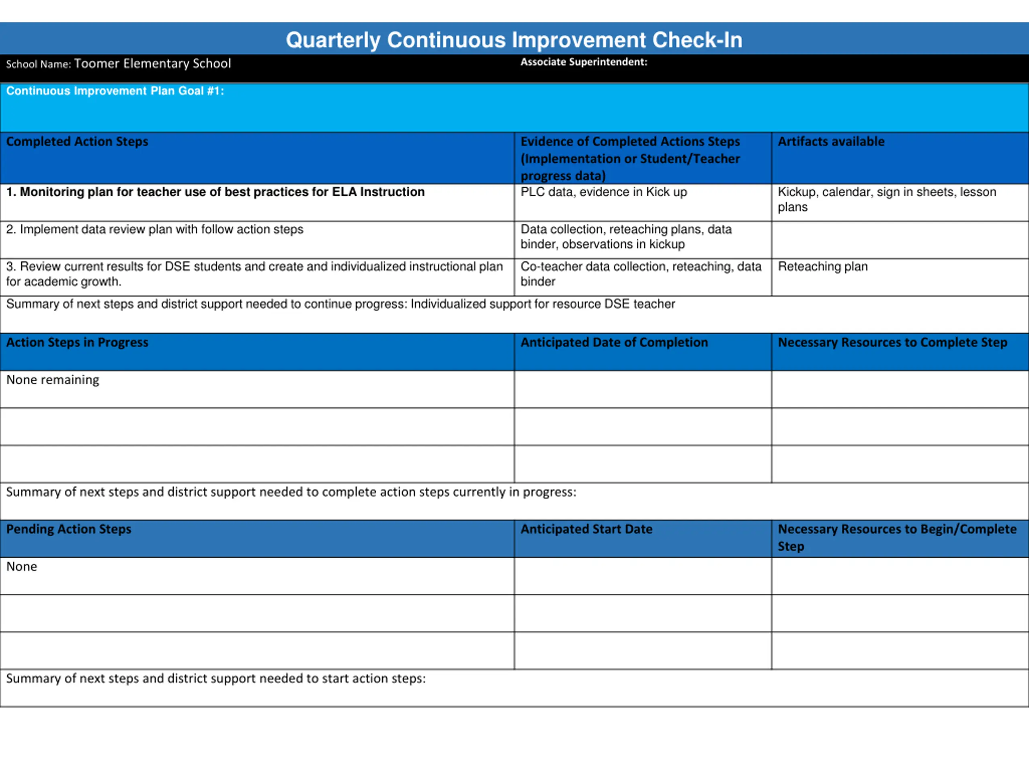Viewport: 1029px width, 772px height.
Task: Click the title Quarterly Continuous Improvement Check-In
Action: [x=514, y=40]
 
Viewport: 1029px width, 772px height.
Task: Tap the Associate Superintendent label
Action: [x=583, y=62]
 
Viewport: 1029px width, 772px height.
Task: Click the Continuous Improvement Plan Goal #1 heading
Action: [x=115, y=91]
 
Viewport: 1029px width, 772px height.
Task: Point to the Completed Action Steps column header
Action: [x=77, y=142]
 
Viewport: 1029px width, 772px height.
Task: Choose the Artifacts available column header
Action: [x=831, y=142]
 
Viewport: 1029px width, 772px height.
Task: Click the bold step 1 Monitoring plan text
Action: [x=215, y=192]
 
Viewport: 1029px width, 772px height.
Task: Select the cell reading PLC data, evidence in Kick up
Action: [x=603, y=192]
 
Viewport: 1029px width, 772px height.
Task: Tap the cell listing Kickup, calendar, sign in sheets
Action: [x=886, y=199]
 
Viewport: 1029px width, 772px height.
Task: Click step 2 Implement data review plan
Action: [x=154, y=230]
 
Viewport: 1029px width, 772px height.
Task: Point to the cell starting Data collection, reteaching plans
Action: [x=626, y=236]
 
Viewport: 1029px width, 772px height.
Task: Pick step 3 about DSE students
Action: [x=254, y=274]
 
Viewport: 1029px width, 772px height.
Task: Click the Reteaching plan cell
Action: [x=822, y=267]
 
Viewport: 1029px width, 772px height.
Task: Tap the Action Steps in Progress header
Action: [x=77, y=343]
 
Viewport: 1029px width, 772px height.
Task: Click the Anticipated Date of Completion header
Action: [x=614, y=343]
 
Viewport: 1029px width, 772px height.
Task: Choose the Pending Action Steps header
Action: [x=68, y=529]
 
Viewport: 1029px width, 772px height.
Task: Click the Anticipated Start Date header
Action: [x=586, y=529]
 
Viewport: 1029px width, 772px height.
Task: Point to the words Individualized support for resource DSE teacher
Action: [x=542, y=304]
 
